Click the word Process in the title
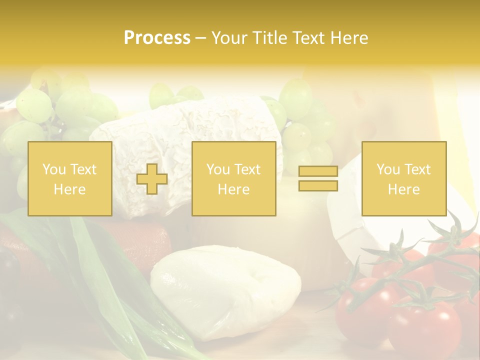(x=157, y=38)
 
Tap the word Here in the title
(x=348, y=38)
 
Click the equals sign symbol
(x=318, y=179)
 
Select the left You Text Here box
(x=70, y=179)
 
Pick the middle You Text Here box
(x=234, y=179)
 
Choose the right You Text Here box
(x=404, y=179)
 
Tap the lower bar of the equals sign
(x=318, y=186)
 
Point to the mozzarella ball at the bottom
(x=225, y=290)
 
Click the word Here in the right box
(x=404, y=189)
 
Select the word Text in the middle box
(x=247, y=169)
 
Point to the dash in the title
(x=200, y=38)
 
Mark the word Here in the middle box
(x=234, y=189)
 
